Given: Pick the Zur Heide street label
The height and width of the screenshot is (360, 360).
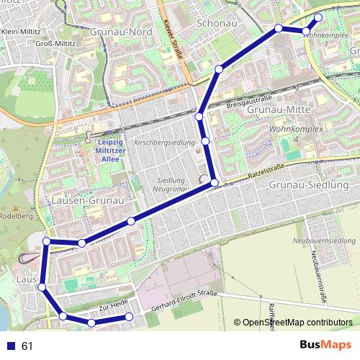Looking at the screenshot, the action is pos(113,306).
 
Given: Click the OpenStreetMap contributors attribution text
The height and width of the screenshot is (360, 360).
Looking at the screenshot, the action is pos(297,322).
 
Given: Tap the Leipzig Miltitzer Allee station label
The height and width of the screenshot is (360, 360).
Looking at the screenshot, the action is pos(110,150).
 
